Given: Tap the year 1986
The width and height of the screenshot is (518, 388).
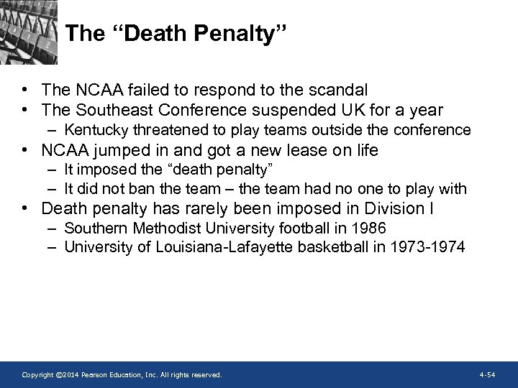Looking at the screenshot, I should click(x=369, y=228).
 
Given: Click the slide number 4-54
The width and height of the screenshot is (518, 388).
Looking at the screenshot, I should click(x=487, y=375).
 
